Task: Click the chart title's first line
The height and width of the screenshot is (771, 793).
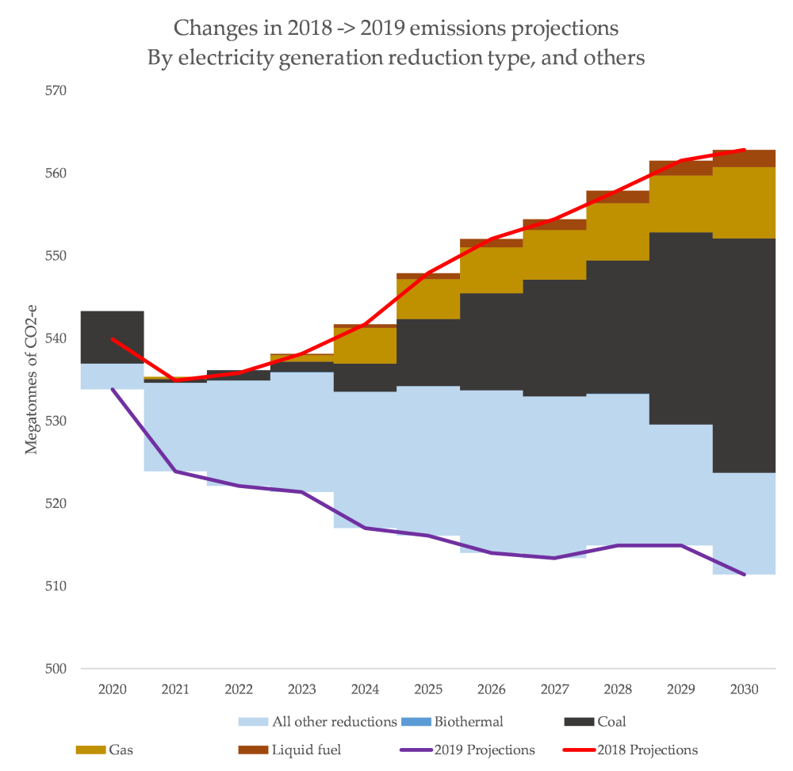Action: tap(396, 29)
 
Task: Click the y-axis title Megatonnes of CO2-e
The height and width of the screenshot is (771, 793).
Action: tap(32, 378)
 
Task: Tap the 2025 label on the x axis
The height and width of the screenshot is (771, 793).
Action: tap(428, 689)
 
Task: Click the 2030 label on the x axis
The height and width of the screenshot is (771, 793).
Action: tap(744, 689)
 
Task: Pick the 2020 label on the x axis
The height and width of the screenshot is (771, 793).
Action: tap(113, 689)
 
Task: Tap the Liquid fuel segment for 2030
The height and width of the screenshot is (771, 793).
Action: tap(744, 158)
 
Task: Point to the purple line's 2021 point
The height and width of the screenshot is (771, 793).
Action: tap(175, 471)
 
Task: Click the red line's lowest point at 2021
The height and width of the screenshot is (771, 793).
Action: tap(175, 380)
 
